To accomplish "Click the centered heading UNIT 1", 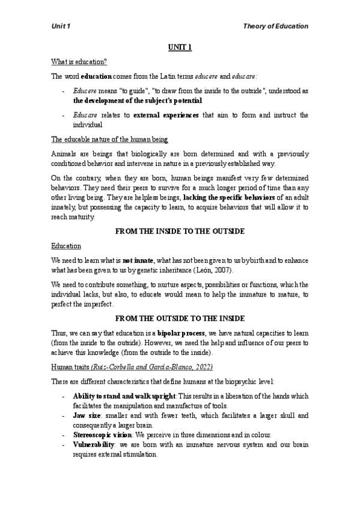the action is coord(179,48).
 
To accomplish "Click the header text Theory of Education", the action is coord(276,26).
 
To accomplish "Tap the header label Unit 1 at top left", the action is coord(61,26).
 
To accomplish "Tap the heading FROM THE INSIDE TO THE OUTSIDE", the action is coord(180,232).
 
